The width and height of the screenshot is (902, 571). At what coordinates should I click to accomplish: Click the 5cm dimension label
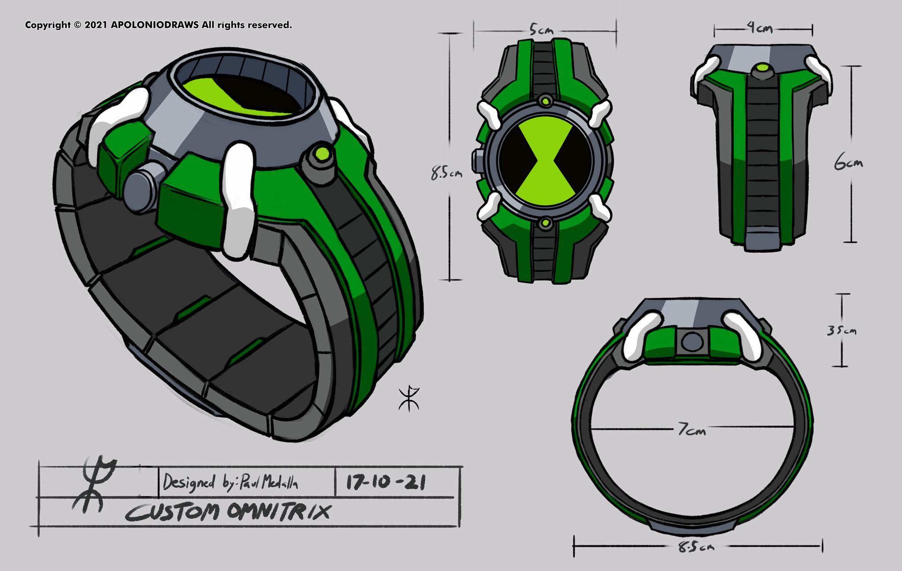pos(541,30)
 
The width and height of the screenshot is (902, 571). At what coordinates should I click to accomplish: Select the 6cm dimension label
pos(848,163)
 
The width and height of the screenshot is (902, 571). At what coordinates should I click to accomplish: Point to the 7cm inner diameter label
pos(691,429)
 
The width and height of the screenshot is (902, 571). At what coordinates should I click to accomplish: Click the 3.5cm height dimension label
pos(841,330)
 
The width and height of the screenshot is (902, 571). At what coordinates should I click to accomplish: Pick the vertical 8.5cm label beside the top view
pos(446,173)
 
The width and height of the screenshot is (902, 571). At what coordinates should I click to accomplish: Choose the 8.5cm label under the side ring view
pos(696,547)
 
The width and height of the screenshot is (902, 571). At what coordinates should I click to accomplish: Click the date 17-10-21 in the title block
pos(386,482)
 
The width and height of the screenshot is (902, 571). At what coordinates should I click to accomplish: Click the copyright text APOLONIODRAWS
pos(154,25)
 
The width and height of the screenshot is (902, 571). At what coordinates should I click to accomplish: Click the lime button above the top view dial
pos(546,101)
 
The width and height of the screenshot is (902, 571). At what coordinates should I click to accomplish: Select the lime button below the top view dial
pos(546,223)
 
